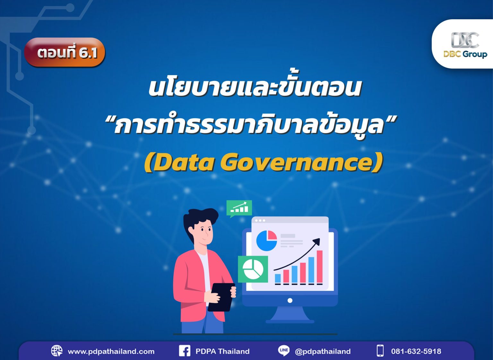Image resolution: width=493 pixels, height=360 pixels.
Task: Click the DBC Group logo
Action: coord(465,45)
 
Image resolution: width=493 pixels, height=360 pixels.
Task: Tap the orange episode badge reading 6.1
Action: coord(65,52)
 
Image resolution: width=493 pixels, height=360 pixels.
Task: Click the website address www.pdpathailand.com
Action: coord(111,351)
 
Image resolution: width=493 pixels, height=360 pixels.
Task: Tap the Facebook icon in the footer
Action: coord(185,351)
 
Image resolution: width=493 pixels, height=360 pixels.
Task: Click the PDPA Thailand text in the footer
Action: coord(222,351)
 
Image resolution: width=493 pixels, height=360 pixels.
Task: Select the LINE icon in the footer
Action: coord(284,350)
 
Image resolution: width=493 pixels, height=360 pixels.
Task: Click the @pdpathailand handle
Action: coord(323,351)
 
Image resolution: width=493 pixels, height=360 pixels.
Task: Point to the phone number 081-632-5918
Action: coord(416,351)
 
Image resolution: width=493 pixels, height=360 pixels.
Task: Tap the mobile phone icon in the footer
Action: coord(380,351)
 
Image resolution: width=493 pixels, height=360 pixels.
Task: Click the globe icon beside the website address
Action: coord(57,351)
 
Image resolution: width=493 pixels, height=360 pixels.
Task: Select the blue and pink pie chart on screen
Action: coord(266,241)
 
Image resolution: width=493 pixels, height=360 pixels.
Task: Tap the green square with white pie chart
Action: coord(253,269)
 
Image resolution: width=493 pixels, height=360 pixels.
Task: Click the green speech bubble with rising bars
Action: coord(239,208)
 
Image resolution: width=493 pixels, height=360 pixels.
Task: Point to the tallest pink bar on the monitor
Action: coord(319,267)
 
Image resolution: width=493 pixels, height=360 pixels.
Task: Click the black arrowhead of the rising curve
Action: coord(317,241)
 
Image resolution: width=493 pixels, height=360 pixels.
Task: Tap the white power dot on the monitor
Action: coord(290,301)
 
